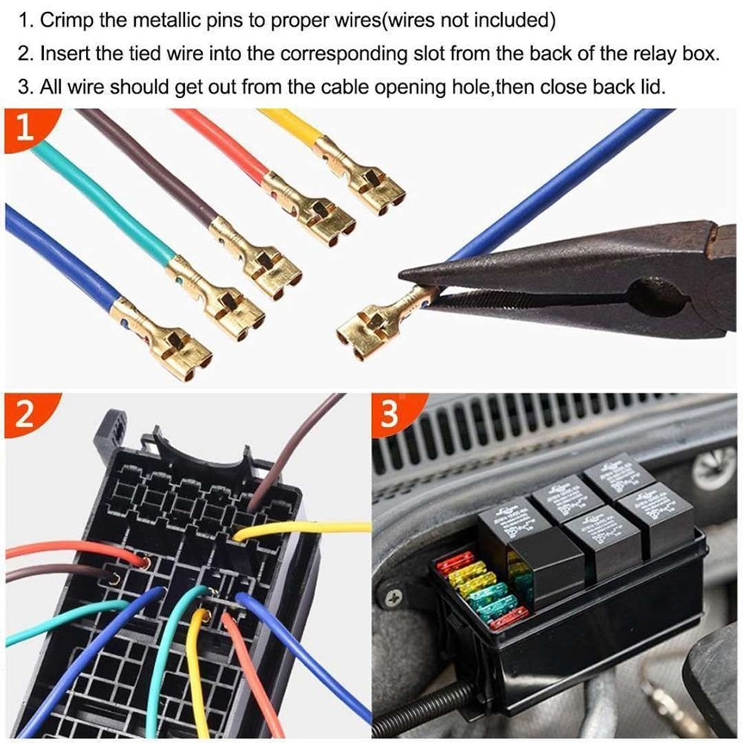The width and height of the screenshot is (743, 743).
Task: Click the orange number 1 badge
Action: click(x=24, y=128)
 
